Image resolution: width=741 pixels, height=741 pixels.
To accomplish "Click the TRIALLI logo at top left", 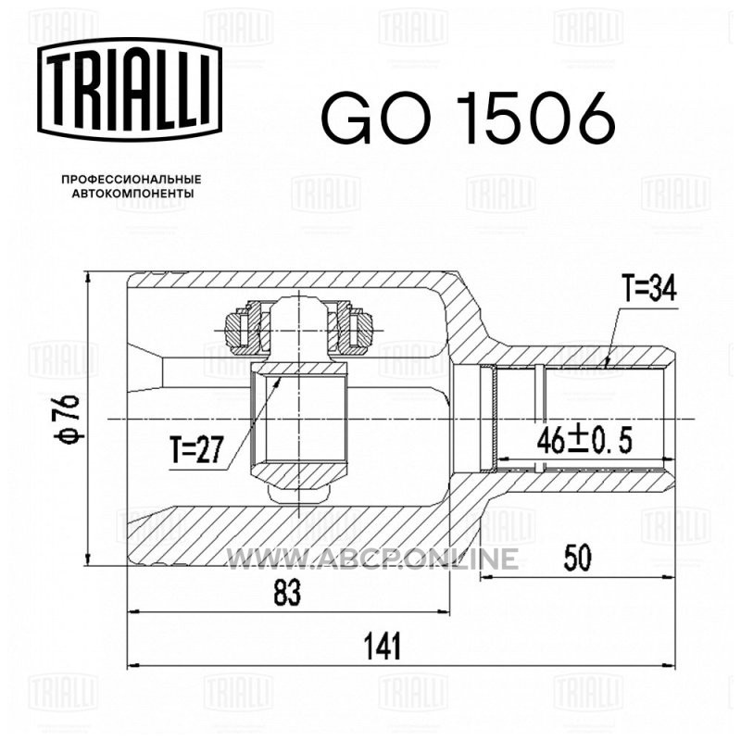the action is (130, 90).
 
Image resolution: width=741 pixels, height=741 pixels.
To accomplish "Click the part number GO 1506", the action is (468, 118).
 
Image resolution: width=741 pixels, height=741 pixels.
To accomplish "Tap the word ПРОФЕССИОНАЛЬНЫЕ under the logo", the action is (132, 180).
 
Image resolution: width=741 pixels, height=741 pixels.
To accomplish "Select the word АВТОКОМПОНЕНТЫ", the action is (132, 194).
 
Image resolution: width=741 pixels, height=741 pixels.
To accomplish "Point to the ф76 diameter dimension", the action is (67, 420).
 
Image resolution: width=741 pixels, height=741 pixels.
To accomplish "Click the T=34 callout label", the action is (649, 289).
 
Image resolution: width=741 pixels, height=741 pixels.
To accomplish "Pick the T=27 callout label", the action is (196, 449).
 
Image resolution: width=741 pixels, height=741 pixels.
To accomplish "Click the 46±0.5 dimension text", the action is (584, 441).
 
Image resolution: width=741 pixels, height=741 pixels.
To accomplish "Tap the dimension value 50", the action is (577, 558).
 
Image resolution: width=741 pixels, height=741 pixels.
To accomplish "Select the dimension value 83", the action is (287, 593).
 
